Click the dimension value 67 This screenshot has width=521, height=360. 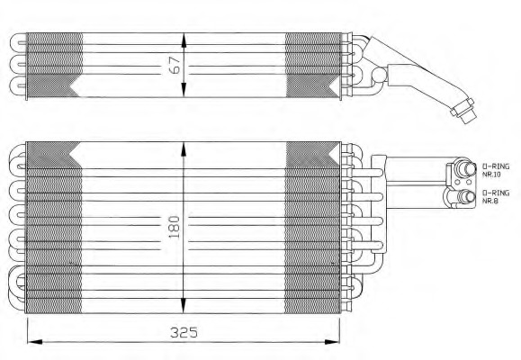coord(175,65)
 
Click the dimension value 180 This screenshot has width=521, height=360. coord(174,228)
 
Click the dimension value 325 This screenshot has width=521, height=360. coord(184,332)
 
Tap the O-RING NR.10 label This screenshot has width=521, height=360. coord(496,170)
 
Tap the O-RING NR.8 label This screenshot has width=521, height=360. coord(496,196)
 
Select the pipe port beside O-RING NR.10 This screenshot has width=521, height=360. coord(466,168)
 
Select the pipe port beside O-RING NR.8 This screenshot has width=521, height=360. coord(466,196)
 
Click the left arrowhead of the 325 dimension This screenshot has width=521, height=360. coord(35,342)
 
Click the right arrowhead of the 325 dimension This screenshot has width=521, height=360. coord(332,342)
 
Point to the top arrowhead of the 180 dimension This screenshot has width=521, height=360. coord(184,149)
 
